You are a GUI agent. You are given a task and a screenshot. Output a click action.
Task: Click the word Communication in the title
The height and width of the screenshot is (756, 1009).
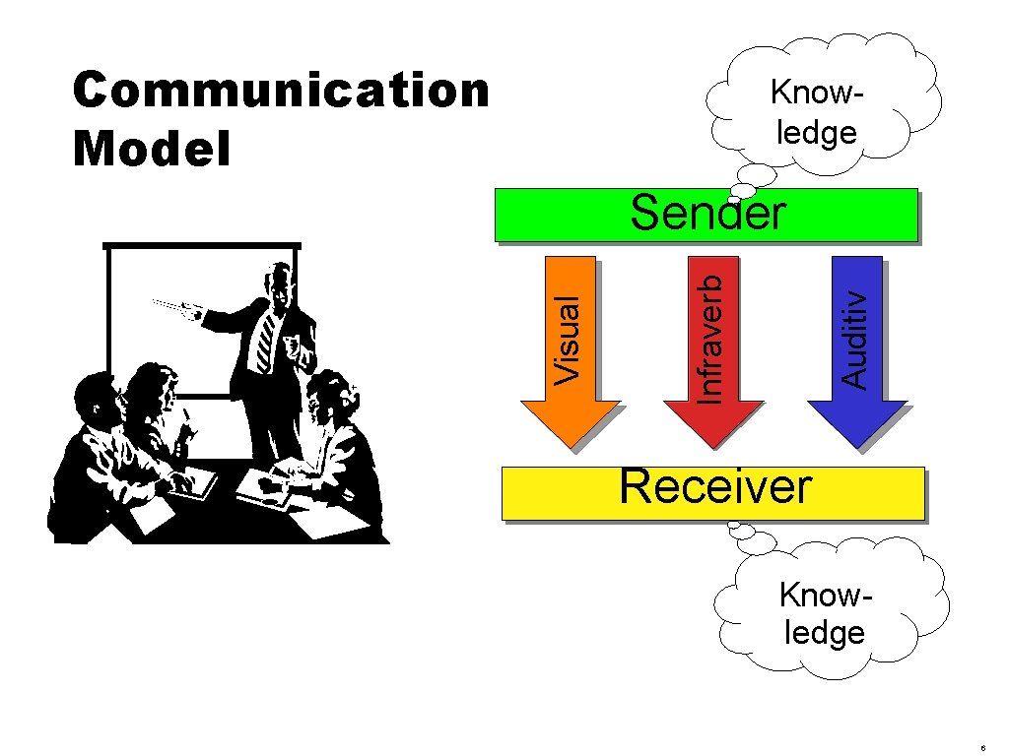pyautogui.click(x=281, y=91)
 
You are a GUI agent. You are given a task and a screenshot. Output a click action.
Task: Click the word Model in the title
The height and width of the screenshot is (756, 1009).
pyautogui.click(x=152, y=149)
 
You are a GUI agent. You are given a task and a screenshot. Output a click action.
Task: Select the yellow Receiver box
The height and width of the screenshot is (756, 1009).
pyautogui.click(x=887, y=493)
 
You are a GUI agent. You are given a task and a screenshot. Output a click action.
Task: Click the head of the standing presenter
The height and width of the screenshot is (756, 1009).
pyautogui.click(x=282, y=284)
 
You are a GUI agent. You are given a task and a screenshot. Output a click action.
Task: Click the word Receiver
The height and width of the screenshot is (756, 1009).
pyautogui.click(x=715, y=486)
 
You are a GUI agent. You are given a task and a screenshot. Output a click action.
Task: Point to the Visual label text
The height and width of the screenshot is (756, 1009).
pyautogui.click(x=572, y=340)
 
